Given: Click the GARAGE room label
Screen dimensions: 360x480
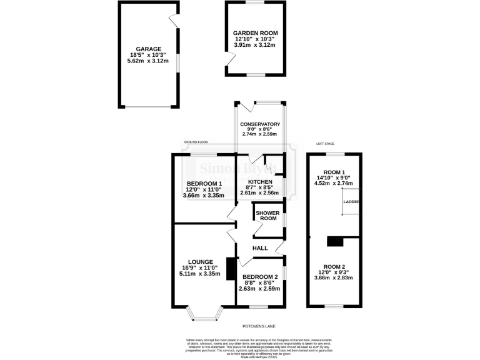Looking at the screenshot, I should click(x=150, y=49).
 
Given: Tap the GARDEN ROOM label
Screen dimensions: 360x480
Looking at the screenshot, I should click(x=255, y=33).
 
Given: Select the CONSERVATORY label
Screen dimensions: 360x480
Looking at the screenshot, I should click(x=260, y=124).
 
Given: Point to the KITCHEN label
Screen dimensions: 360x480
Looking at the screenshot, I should click(x=261, y=182).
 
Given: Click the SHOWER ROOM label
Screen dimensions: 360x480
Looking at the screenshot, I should click(x=268, y=215).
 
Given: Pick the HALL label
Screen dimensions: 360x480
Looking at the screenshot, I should click(x=260, y=248).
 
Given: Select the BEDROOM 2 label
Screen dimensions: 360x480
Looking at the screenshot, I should click(x=259, y=277).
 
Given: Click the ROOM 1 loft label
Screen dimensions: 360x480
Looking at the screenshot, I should click(x=335, y=172).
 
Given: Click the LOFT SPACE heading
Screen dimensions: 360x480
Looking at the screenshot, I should click(x=326, y=144).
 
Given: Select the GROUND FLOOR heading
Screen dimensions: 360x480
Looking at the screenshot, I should click(x=194, y=142).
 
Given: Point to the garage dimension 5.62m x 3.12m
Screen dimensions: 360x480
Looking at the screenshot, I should click(x=150, y=61).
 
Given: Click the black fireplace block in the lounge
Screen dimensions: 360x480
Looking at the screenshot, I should click(x=231, y=269).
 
